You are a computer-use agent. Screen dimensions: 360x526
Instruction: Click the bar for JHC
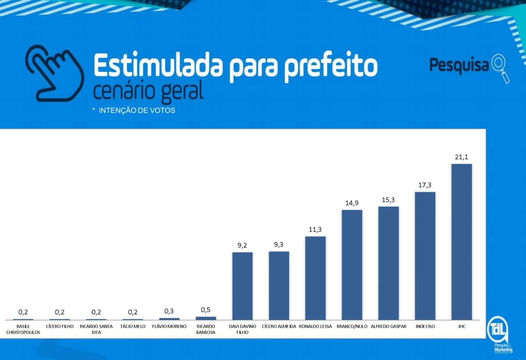[462, 242]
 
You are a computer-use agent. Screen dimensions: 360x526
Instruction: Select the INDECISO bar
[425, 256]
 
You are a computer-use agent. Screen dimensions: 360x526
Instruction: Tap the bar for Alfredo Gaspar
[388, 263]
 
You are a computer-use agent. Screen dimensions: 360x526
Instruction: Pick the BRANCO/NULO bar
[352, 265]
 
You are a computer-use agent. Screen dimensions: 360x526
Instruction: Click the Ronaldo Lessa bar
[315, 278]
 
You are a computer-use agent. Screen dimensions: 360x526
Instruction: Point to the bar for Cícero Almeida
[279, 285]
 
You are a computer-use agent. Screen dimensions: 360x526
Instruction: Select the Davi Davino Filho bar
[242, 286]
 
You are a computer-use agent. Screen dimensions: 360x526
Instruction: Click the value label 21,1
[462, 157]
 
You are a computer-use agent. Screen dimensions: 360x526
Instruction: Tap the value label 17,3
[425, 185]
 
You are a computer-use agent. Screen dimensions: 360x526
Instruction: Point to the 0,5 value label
[206, 310]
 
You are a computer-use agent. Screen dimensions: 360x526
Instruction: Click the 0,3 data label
[169, 311]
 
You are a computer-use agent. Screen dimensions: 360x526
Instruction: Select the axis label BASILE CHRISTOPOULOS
[23, 329]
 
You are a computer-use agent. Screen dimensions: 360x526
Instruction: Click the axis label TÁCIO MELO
[133, 327]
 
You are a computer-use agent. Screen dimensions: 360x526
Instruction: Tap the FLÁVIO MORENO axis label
[169, 327]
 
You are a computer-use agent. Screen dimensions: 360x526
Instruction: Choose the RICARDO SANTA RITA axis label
[96, 329]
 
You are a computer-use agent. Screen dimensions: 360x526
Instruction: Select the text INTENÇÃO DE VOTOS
[137, 111]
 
